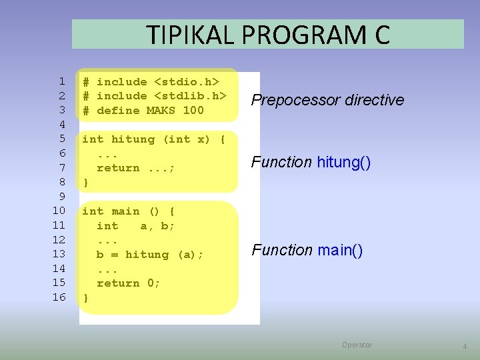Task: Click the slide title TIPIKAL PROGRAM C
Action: click(x=268, y=34)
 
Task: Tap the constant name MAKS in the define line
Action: click(x=161, y=111)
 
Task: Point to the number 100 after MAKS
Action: click(x=193, y=111)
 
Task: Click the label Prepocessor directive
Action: click(x=327, y=100)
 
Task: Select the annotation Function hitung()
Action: click(x=311, y=162)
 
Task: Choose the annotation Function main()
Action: click(x=307, y=251)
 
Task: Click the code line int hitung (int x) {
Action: click(x=154, y=139)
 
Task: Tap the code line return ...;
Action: click(x=136, y=168)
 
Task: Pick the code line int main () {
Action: click(x=129, y=211)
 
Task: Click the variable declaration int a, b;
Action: click(x=136, y=226)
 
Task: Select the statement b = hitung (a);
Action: click(x=151, y=255)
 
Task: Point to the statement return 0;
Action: click(x=129, y=283)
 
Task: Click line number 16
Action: click(x=59, y=297)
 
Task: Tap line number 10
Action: click(x=59, y=211)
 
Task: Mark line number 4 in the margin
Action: click(x=62, y=125)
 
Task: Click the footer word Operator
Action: click(x=357, y=345)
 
